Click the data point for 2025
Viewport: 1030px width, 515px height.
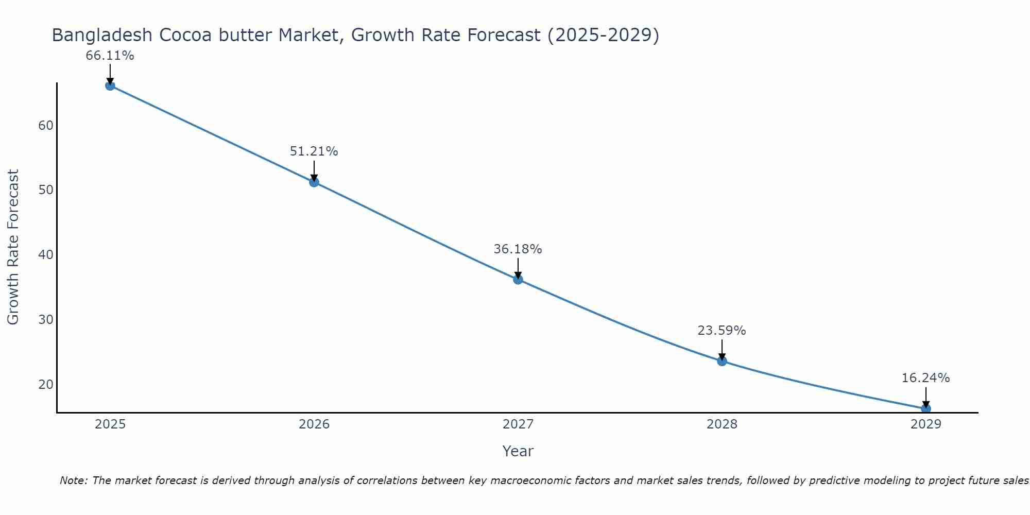(110, 85)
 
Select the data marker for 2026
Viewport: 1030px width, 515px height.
(314, 182)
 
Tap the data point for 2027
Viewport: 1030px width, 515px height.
(518, 279)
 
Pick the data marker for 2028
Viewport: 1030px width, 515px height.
(722, 361)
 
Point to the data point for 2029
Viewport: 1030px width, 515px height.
(926, 409)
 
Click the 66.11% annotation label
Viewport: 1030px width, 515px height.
(110, 56)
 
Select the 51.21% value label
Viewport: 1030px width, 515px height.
(314, 151)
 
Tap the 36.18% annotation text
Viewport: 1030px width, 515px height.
(518, 249)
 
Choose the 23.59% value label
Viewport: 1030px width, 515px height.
(722, 331)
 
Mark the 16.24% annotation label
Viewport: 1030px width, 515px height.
(926, 378)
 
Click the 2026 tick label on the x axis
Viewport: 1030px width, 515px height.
(314, 424)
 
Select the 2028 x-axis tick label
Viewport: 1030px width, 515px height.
(722, 424)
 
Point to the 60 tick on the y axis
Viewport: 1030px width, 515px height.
(46, 126)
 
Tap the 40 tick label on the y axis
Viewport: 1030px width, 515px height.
(46, 255)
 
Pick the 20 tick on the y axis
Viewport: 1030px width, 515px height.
(46, 385)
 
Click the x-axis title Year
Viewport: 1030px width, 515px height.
(518, 451)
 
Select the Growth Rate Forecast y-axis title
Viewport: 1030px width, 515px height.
(13, 247)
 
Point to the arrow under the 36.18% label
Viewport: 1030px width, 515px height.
(518, 268)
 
